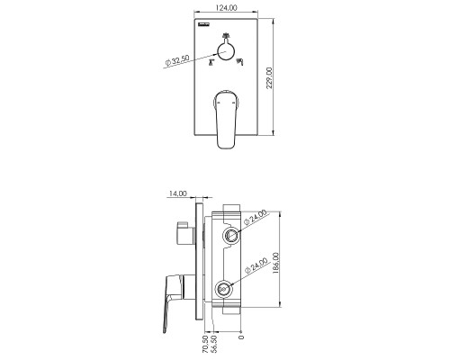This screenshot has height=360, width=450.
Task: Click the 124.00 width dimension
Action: [227, 8]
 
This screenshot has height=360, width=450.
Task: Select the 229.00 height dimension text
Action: [269, 78]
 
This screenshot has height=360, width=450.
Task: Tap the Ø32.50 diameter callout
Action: [177, 60]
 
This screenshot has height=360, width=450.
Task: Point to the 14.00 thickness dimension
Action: [177, 193]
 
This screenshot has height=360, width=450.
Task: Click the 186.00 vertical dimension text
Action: [275, 263]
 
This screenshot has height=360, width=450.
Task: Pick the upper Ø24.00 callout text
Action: [255, 217]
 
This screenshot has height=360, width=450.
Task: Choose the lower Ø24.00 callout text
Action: [256, 265]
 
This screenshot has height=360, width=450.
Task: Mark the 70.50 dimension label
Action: [205, 344]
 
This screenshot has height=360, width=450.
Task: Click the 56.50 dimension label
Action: [214, 344]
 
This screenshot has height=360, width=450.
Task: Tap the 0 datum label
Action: [241, 337]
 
